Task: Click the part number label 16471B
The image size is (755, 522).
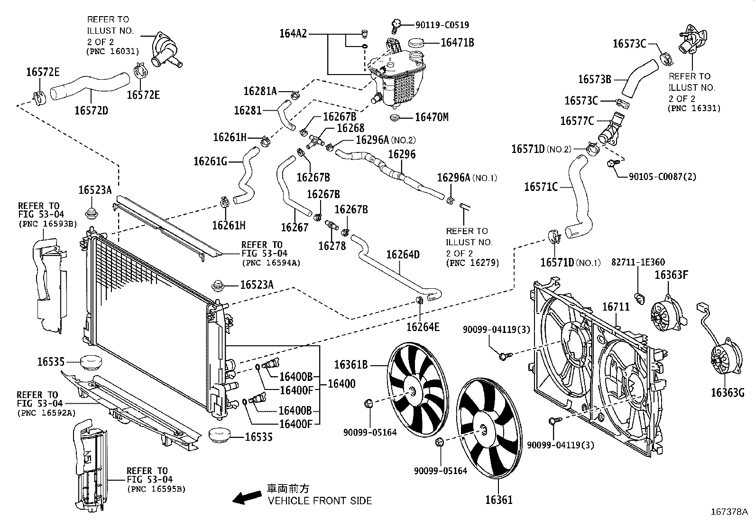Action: point(457,43)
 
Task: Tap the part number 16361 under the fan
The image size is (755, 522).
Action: point(498,500)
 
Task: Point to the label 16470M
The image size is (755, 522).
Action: point(431,117)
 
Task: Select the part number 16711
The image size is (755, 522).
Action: point(616,307)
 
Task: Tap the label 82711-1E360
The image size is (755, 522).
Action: point(637,262)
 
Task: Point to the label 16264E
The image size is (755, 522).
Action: point(423,327)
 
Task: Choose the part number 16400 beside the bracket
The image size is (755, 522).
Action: point(341,384)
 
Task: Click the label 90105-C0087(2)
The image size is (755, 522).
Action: point(662,177)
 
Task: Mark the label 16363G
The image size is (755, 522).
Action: point(727,392)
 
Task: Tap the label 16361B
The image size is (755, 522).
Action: point(351,365)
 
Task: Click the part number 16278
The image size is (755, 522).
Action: point(332,246)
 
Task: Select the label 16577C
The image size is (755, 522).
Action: point(577,121)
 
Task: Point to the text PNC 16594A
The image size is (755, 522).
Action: point(271,262)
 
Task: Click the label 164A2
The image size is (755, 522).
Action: point(293,34)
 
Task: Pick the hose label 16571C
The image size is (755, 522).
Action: point(541,187)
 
